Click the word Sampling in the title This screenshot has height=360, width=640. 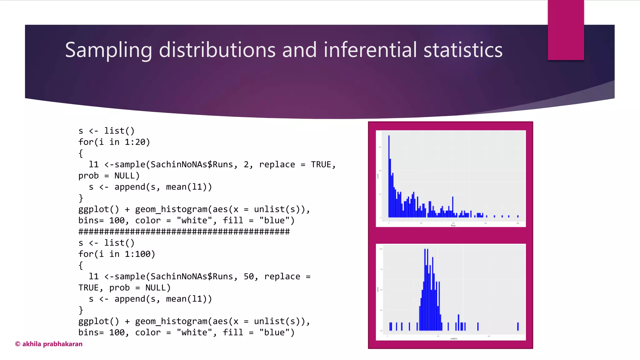[x=108, y=50]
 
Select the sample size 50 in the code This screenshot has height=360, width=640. [x=249, y=277]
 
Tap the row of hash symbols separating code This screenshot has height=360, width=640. [x=184, y=232]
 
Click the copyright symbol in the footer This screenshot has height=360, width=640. [x=18, y=344]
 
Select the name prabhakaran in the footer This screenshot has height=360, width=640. [x=62, y=344]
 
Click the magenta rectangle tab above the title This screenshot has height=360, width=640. [x=566, y=30]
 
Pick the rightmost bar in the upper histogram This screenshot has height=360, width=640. [x=518, y=216]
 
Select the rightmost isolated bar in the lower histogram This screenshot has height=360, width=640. [x=518, y=326]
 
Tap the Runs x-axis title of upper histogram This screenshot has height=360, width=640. [x=453, y=225]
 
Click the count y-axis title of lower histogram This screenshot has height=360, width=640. [x=378, y=290]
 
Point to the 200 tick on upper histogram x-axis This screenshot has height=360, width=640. [x=517, y=223]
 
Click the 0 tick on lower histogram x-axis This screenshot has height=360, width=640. [x=387, y=337]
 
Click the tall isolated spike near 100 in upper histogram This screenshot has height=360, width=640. [x=452, y=206]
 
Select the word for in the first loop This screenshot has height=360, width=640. [x=86, y=142]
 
